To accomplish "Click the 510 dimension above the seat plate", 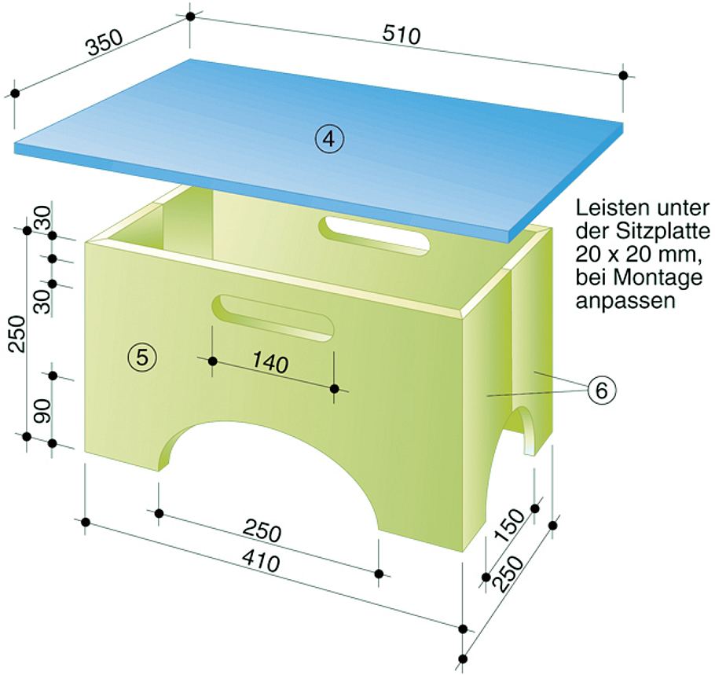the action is (401, 35).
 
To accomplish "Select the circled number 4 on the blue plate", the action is (329, 140).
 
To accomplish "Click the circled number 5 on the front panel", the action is (141, 357).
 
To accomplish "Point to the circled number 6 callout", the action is (601, 391).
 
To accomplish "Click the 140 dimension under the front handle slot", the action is (270, 363).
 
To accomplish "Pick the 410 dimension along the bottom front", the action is (261, 561).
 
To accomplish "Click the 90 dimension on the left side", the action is (43, 411).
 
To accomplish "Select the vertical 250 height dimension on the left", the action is (18, 333).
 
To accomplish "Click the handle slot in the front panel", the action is (274, 318).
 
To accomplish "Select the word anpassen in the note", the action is (625, 302).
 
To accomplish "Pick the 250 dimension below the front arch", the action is (262, 532).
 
